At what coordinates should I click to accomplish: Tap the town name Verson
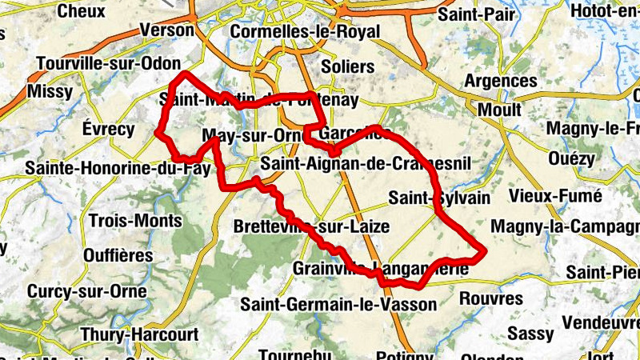pyautogui.click(x=166, y=30)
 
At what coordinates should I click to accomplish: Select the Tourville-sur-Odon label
pyautogui.click(x=107, y=63)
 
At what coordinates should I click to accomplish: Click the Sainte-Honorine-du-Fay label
pyautogui.click(x=118, y=169)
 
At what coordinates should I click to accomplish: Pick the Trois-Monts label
pyautogui.click(x=125, y=220)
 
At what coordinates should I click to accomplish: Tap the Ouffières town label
pyautogui.click(x=118, y=256)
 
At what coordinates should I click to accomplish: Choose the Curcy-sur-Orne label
pyautogui.click(x=87, y=292)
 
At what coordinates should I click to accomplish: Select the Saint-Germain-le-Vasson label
pyautogui.click(x=339, y=305)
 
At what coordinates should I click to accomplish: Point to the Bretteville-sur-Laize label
pyautogui.click(x=311, y=227)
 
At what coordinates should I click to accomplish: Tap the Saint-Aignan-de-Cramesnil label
pyautogui.click(x=367, y=165)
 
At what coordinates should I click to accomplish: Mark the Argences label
pyautogui.click(x=501, y=82)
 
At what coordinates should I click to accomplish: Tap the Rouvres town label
pyautogui.click(x=491, y=299)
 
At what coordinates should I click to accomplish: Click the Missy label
pyautogui.click(x=50, y=92)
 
